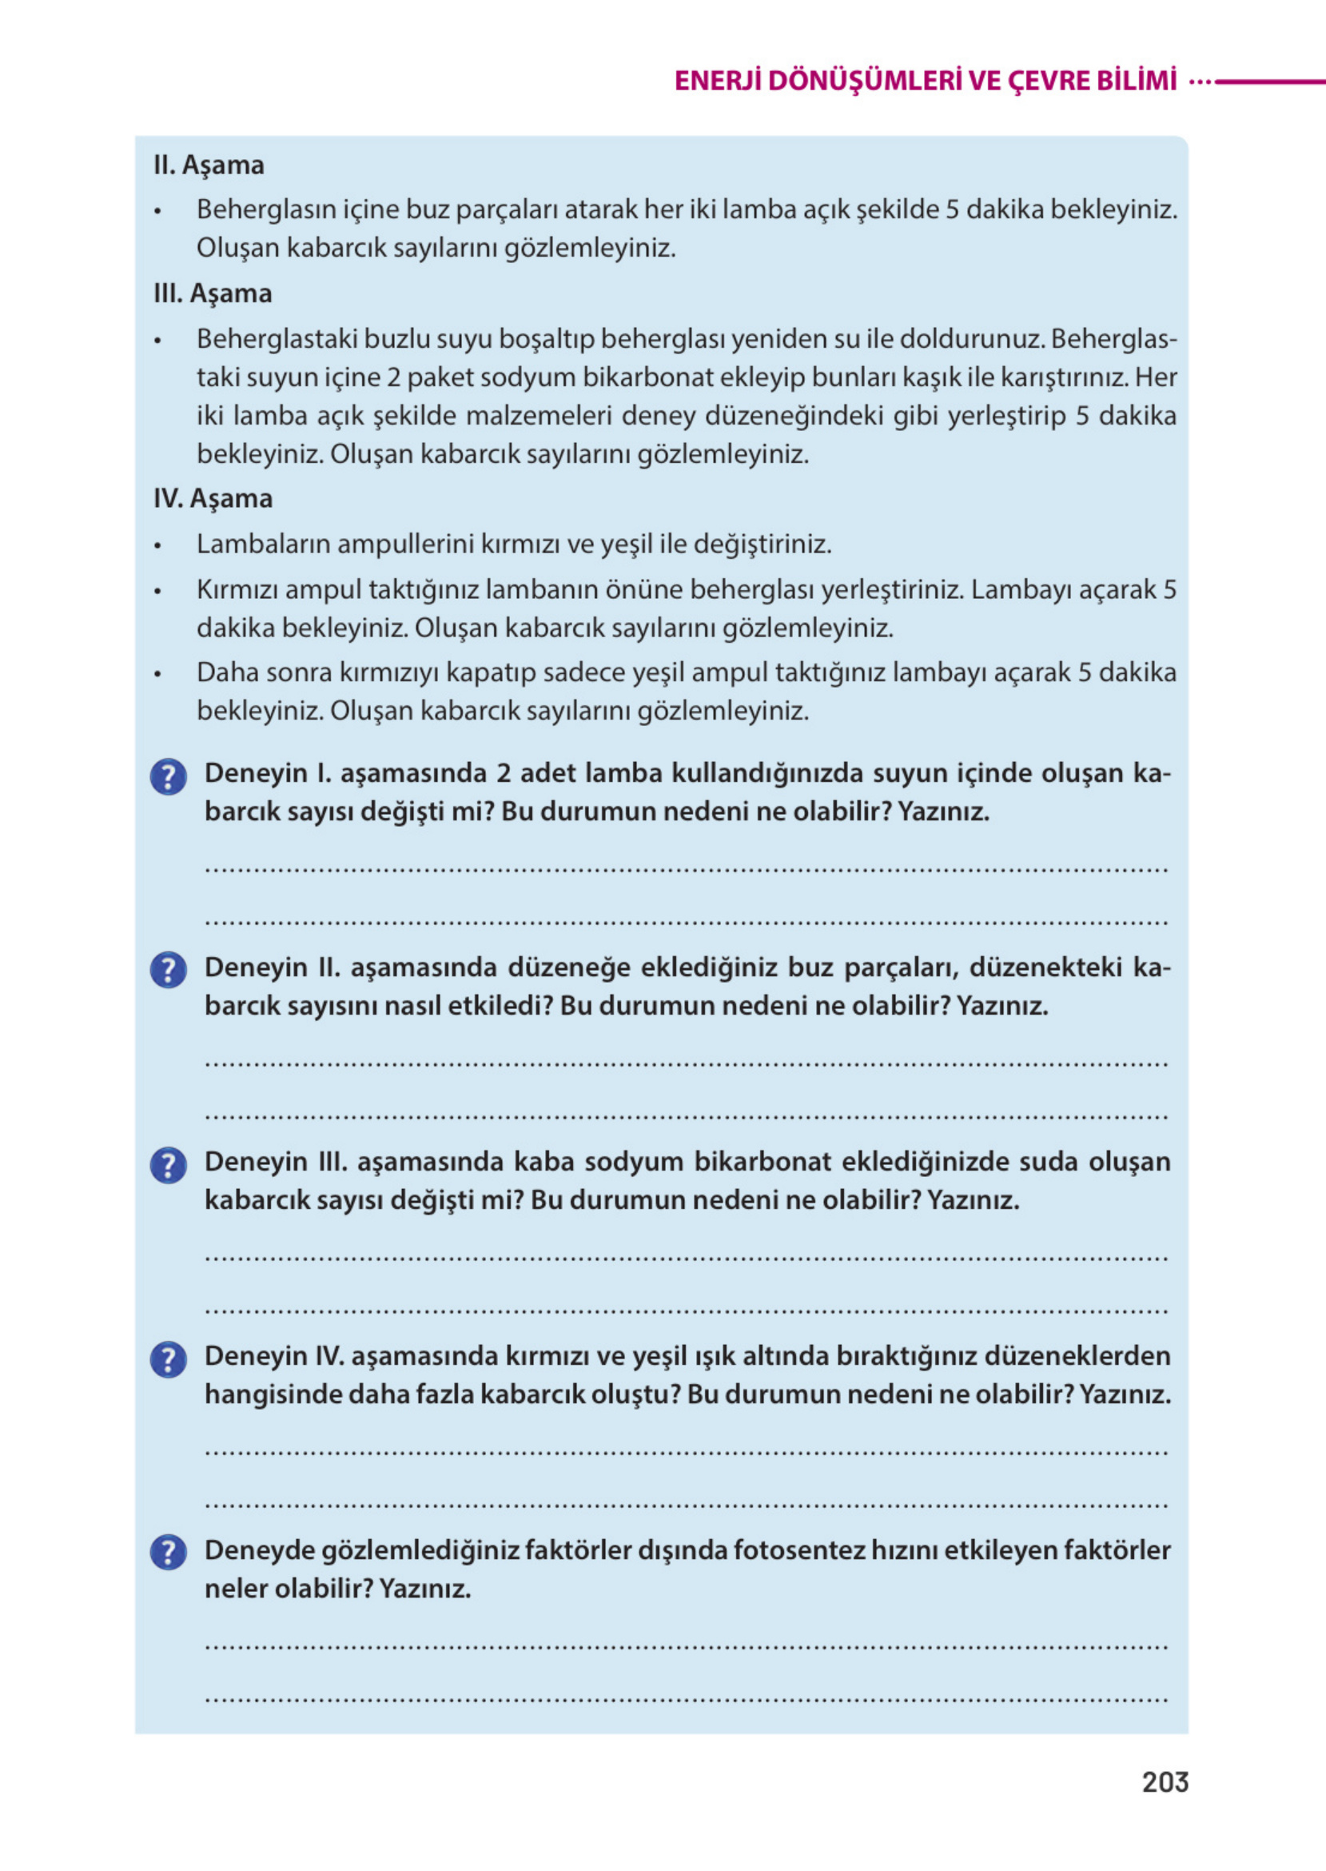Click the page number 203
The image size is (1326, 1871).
1165,1781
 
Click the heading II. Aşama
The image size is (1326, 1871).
209,165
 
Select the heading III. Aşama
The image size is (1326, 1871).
213,293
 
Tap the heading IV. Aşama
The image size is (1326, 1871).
213,498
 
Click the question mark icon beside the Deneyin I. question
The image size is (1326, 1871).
168,776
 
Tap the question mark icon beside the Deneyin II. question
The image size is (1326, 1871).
168,970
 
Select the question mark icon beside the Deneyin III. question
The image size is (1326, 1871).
168,1166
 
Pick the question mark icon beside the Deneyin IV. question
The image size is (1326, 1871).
168,1360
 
